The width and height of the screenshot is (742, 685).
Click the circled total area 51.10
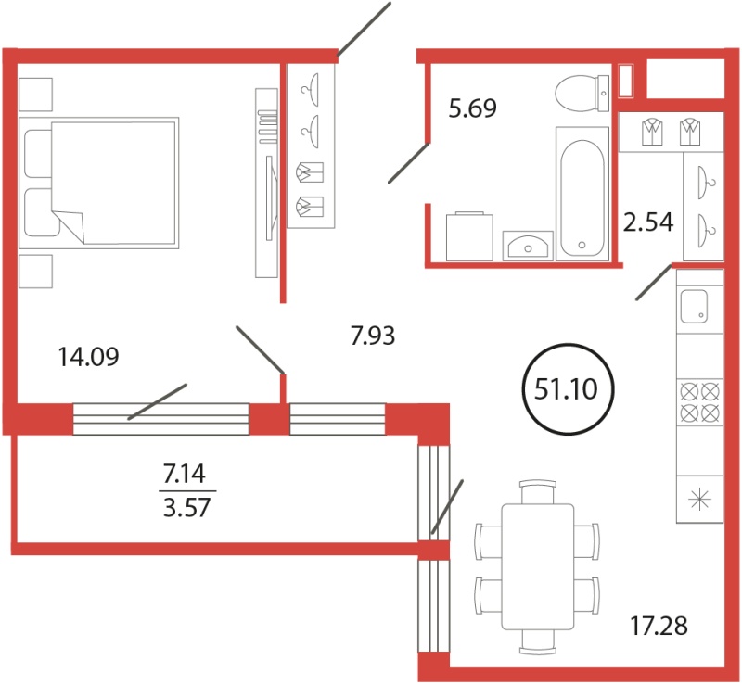click(567, 389)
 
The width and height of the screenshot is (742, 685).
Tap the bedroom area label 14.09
click(88, 357)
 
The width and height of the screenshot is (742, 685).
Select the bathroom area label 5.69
click(473, 108)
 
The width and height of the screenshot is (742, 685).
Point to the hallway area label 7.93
click(373, 336)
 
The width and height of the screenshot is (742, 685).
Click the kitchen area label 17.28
click(659, 626)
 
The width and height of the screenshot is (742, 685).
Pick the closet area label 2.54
click(647, 222)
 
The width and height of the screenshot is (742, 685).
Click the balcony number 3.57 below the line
click(186, 508)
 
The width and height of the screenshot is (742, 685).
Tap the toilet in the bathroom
click(582, 94)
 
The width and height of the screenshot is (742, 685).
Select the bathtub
click(582, 194)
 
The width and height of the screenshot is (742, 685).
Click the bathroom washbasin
click(528, 246)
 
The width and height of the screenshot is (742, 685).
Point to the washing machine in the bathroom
click(469, 236)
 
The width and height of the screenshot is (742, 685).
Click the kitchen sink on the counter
click(694, 306)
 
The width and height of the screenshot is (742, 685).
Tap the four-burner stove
click(700, 402)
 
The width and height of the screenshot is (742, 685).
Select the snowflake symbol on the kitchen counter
click(700, 501)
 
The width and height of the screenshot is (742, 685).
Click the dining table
click(538, 566)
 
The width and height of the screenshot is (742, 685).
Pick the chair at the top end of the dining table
click(538, 492)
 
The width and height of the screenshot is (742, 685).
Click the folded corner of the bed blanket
click(70, 226)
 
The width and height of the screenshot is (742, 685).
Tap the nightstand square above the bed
click(35, 95)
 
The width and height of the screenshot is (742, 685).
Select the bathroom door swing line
click(409, 162)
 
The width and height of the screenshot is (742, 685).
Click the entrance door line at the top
click(364, 30)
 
